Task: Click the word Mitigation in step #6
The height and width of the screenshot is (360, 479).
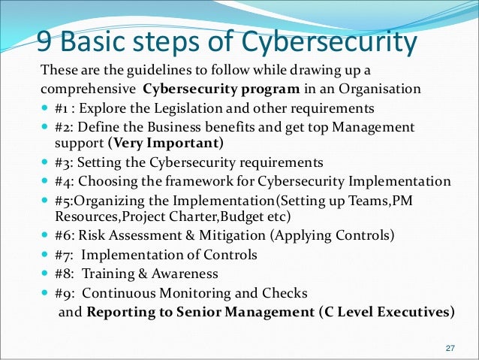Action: [x=225, y=234]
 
